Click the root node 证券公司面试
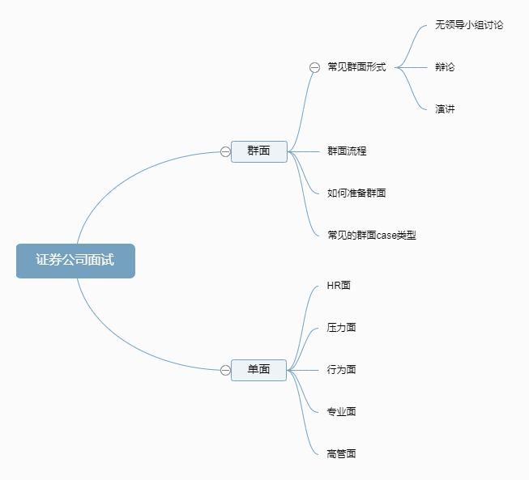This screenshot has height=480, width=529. [75, 261]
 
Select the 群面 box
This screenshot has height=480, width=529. [259, 151]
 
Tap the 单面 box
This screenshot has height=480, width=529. [259, 370]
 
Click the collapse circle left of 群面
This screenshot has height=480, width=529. [225, 151]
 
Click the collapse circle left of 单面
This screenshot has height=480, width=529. [225, 370]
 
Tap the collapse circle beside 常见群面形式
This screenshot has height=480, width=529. [314, 68]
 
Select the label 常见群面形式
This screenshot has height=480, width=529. [356, 67]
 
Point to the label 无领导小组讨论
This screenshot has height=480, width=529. [469, 25]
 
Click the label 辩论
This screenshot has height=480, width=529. [445, 67]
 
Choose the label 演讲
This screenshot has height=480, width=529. [445, 109]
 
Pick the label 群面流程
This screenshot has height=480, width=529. [347, 151]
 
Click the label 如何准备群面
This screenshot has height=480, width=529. [356, 193]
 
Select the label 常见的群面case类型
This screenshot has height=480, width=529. [371, 236]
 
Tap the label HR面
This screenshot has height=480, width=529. [339, 286]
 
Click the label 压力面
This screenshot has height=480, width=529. [341, 328]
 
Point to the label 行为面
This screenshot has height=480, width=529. [341, 370]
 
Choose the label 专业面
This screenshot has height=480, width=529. [341, 412]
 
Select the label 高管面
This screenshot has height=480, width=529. [341, 454]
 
